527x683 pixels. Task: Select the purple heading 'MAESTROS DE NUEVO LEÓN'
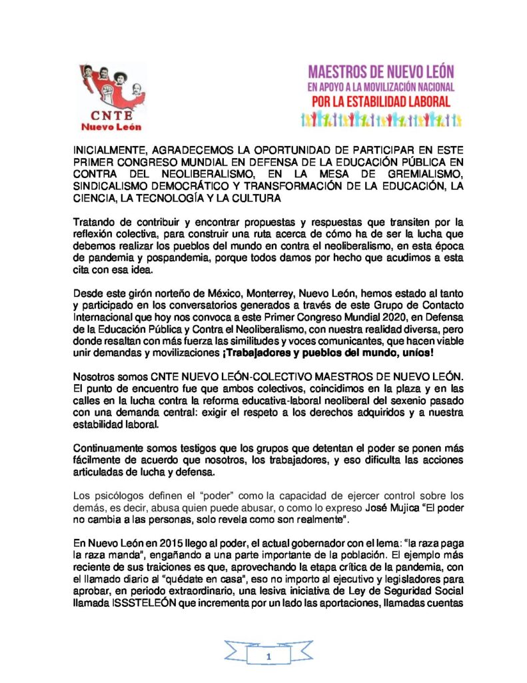[382, 70]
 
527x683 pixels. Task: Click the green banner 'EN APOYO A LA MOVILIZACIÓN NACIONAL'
[380, 87]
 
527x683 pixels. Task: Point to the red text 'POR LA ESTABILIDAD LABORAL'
[381, 102]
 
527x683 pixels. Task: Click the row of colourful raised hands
[381, 120]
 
